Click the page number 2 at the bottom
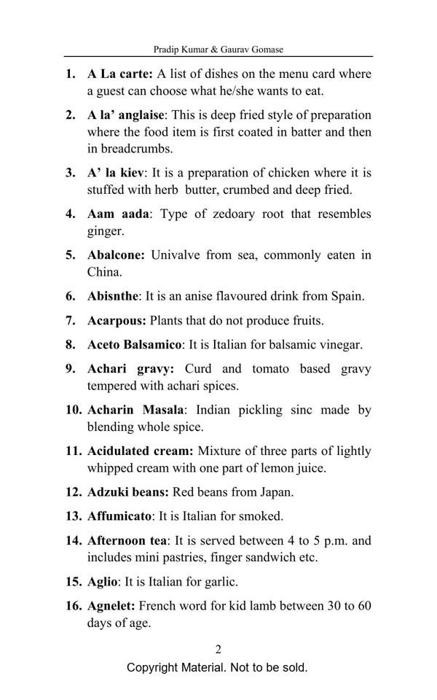(x=218, y=649)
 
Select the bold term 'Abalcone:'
(x=116, y=255)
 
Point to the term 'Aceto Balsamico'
(x=133, y=344)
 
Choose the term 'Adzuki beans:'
(x=127, y=491)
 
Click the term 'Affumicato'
(x=119, y=516)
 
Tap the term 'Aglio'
(x=102, y=582)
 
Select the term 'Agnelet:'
(x=111, y=606)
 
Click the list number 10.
(x=74, y=410)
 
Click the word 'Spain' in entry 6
(x=345, y=296)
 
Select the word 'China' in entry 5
(x=103, y=272)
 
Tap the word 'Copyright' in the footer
(x=154, y=668)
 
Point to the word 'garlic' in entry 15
(x=221, y=582)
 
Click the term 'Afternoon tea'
(x=127, y=540)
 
